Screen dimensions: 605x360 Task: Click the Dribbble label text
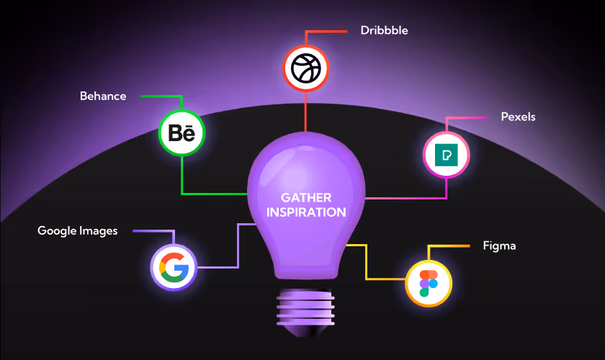pyautogui.click(x=384, y=31)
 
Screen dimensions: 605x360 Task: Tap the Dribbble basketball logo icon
pyautogui.click(x=305, y=68)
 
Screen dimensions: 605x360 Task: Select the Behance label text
pyautogui.click(x=103, y=96)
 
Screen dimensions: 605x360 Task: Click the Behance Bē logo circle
pyautogui.click(x=181, y=133)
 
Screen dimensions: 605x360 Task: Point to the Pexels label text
pyautogui.click(x=518, y=117)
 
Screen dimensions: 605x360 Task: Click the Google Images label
pyautogui.click(x=77, y=231)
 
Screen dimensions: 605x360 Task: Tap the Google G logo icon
pyautogui.click(x=174, y=268)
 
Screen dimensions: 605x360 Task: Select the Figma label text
pyautogui.click(x=499, y=246)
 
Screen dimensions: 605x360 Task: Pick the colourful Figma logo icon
pyautogui.click(x=429, y=282)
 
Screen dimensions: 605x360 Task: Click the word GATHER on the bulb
pyautogui.click(x=306, y=197)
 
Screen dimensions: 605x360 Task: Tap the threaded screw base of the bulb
pyautogui.click(x=305, y=306)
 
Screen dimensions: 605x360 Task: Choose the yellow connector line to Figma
pyautogui.click(x=367, y=263)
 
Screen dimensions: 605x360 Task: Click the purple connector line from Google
pyautogui.click(x=238, y=245)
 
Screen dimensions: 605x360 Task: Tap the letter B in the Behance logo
pyautogui.click(x=175, y=134)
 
